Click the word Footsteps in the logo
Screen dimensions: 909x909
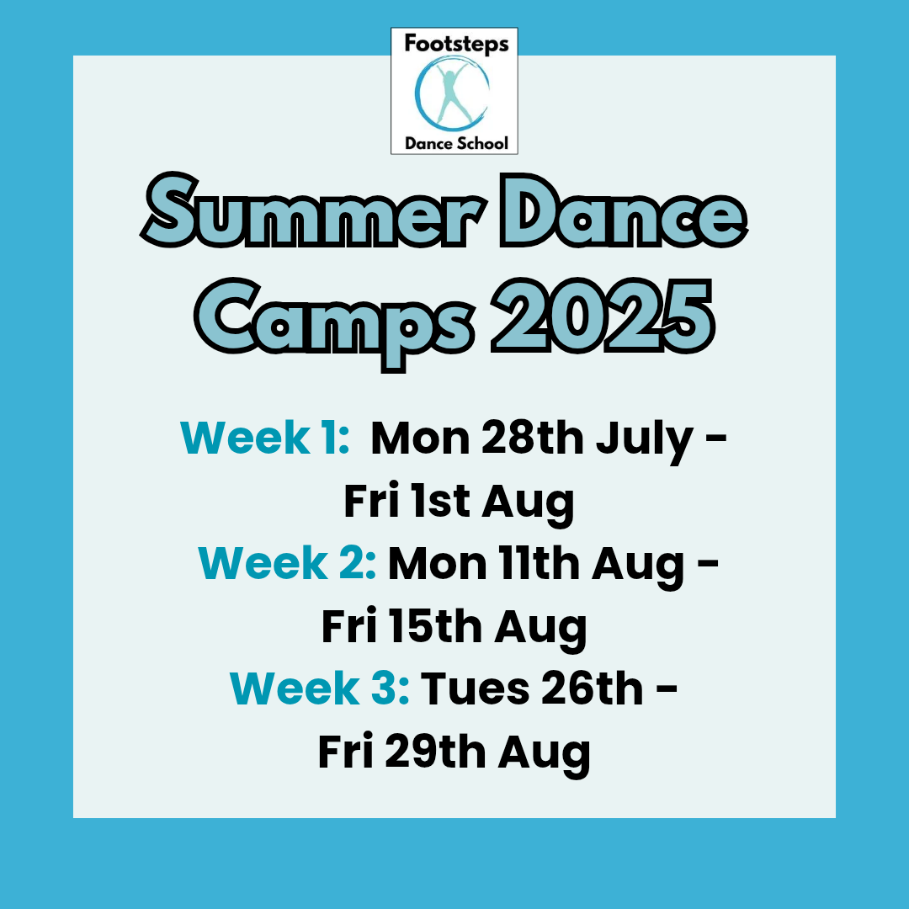tap(456, 45)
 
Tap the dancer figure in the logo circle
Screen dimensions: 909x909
tap(452, 93)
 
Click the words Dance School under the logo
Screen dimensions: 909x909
tap(456, 143)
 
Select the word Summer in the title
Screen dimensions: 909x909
tap(314, 211)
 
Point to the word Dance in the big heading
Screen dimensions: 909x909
tap(624, 211)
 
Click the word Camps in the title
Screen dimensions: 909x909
tap(334, 321)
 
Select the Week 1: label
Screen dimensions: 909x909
tap(265, 438)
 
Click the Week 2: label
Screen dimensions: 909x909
tap(287, 563)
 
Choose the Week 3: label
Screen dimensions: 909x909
tap(320, 688)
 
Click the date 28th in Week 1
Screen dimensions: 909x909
tap(532, 438)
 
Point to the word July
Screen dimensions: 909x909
tap(645, 442)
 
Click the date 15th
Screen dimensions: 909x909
tap(435, 626)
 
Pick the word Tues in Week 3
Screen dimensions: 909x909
tap(474, 688)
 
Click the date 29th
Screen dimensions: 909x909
tap(435, 752)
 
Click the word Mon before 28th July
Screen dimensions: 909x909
tap(420, 439)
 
